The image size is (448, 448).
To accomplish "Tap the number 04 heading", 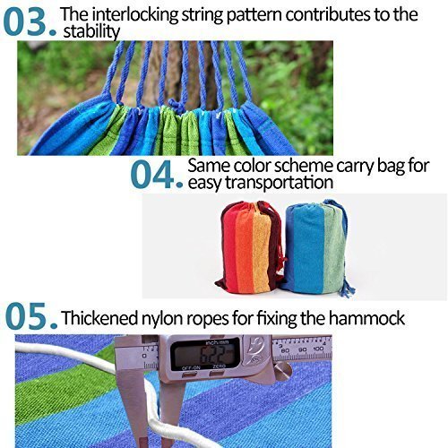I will [157, 174].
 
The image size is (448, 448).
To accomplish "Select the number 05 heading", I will [30, 318].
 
